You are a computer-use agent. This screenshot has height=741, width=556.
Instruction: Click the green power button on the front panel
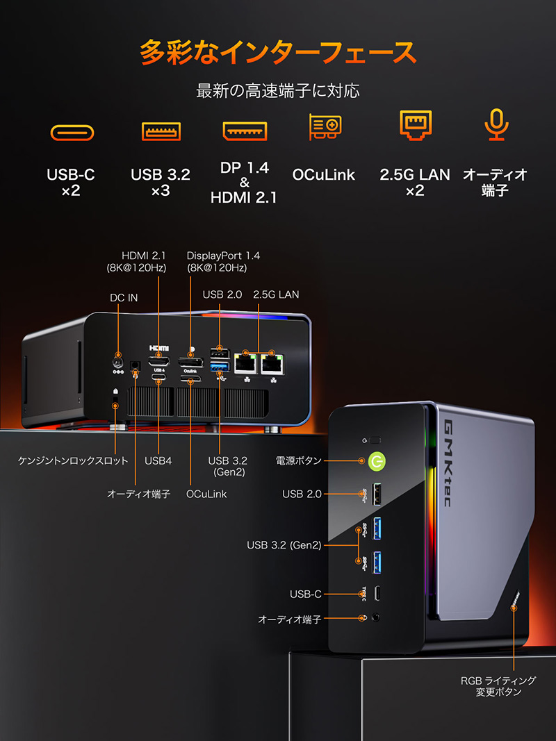coord(377,460)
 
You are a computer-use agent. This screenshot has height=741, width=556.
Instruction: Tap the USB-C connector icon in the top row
coord(72,133)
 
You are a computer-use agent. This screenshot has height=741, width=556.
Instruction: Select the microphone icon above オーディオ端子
coord(496,125)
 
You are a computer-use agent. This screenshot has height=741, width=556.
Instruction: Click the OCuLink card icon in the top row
coord(325,126)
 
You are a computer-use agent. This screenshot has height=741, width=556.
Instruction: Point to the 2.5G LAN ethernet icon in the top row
coord(415,125)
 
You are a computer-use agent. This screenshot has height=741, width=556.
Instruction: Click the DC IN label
coord(124,298)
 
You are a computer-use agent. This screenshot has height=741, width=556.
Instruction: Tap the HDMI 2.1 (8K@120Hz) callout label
coord(137,261)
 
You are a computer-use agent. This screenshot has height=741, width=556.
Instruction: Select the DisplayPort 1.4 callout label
coord(223,261)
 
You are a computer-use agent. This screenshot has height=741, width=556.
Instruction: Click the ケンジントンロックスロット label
coord(73,460)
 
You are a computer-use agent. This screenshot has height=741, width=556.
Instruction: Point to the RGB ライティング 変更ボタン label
coord(498,686)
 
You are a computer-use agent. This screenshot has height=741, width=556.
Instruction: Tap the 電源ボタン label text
coord(299,460)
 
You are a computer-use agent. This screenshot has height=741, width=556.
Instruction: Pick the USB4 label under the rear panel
coord(158,460)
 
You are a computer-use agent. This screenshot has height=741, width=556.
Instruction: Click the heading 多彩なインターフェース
coord(278,52)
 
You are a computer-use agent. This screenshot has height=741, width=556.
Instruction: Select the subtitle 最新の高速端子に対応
coord(278,91)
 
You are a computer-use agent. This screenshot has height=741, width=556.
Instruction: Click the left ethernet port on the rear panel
coord(245,363)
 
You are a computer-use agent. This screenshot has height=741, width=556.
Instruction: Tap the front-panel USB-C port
coord(377,594)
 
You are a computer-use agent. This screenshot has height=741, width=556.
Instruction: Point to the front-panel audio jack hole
coord(376,617)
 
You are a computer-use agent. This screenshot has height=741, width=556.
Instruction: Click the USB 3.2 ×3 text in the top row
coord(161,183)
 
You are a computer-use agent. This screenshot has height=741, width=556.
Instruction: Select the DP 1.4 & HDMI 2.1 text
coord(244,183)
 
